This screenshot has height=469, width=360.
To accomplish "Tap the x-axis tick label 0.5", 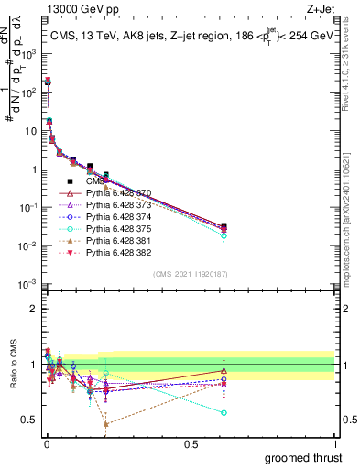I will tap(190, 442).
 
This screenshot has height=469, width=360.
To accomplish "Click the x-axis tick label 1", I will tap(334, 442).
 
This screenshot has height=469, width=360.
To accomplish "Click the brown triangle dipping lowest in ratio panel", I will tap(106, 424).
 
